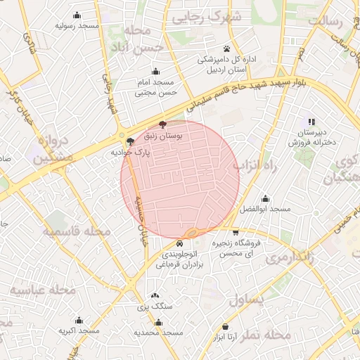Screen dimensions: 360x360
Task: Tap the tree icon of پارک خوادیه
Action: coord(130,141)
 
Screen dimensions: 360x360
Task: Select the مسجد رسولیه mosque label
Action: coord(77,25)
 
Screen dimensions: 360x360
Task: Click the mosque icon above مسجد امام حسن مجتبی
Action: coord(155,72)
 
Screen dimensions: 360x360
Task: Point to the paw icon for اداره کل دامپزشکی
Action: coord(226,49)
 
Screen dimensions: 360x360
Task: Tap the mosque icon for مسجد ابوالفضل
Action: coord(265,198)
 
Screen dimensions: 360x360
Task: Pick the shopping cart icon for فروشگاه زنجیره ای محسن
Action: coord(235,232)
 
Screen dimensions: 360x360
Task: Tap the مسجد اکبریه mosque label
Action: coord(76,330)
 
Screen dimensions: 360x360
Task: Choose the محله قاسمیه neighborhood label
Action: coord(77,231)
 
